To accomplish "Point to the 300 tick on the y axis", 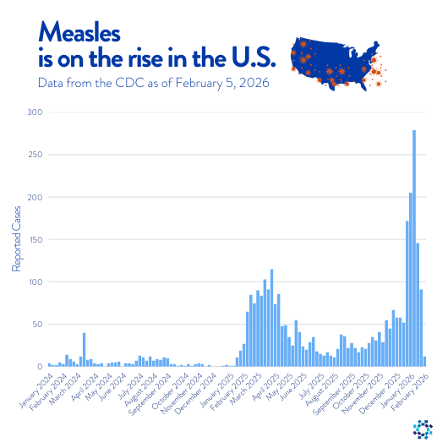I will tap(34, 112).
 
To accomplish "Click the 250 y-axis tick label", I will tap(34, 154).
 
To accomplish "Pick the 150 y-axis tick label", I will tap(34, 239).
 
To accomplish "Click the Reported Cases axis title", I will tap(16, 240).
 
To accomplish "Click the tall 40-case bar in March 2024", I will tap(84, 350).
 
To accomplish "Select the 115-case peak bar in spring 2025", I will tap(271, 318).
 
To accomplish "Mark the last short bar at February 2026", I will tap(424, 361).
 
